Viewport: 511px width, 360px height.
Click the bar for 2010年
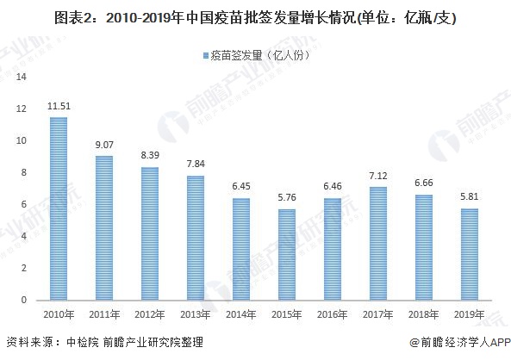59,208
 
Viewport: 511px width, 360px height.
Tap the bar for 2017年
377,243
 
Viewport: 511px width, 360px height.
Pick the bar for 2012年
150,233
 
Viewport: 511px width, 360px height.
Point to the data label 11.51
59,106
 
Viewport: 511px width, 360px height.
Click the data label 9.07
104,145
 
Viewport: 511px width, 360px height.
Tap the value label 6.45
240,187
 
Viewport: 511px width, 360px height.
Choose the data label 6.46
331,187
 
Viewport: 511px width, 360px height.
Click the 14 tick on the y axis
22,77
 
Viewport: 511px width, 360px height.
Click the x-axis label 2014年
240,314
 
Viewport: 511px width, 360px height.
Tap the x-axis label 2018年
422,314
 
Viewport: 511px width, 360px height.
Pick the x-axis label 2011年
104,314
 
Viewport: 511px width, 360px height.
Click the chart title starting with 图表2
255,16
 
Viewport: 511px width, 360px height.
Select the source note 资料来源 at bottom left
104,343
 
